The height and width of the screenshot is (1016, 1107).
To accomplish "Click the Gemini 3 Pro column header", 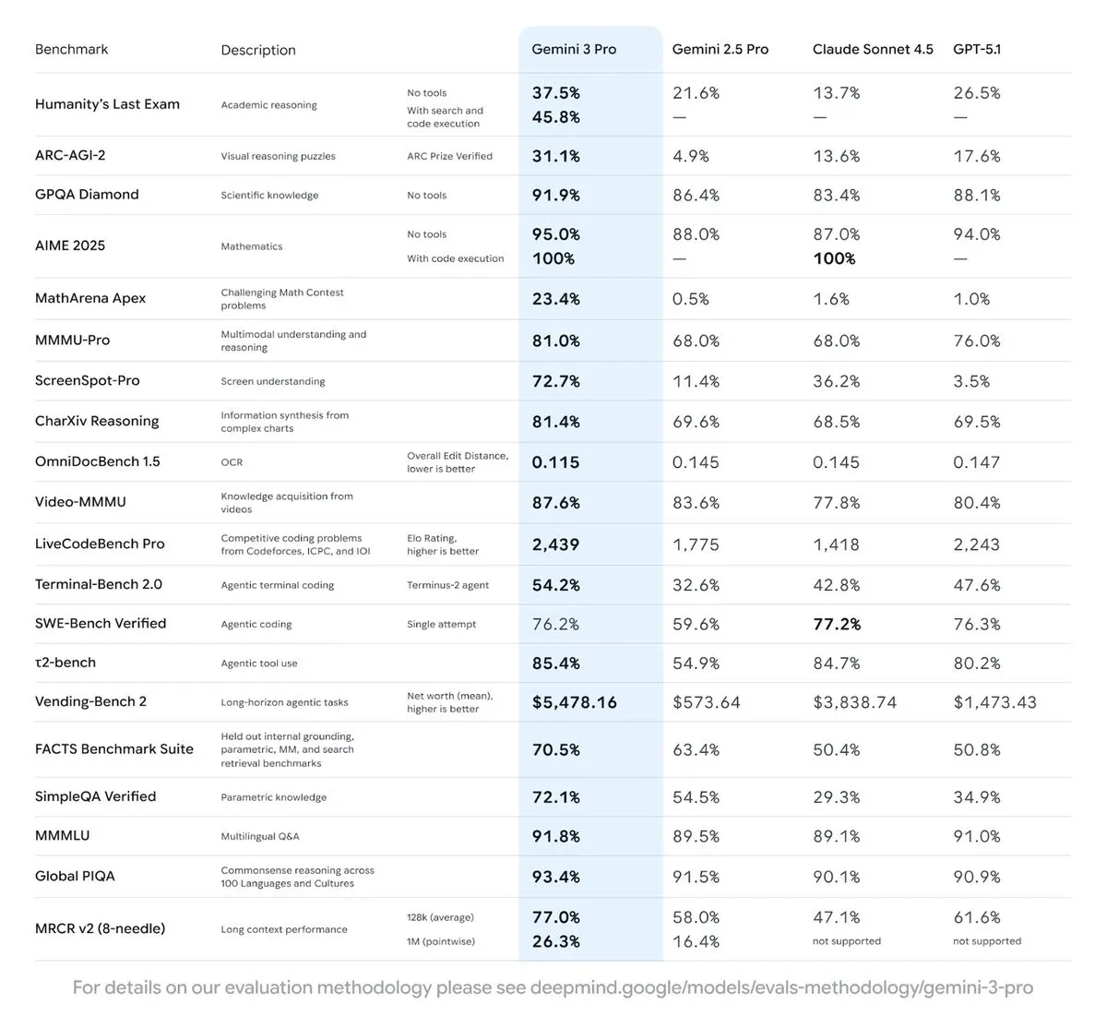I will click(x=574, y=49).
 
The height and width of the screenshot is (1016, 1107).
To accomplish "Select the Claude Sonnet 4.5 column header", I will click(x=873, y=49).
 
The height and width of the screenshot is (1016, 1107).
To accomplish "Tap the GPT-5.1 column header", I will click(x=977, y=49).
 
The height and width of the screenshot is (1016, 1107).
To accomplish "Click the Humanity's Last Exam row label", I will click(x=107, y=104).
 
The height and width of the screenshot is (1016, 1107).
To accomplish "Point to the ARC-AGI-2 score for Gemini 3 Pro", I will click(x=556, y=156).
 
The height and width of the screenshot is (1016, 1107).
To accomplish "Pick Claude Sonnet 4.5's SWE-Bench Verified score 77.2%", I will click(x=837, y=624).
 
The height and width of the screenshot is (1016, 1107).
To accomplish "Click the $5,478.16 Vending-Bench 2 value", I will click(x=575, y=702).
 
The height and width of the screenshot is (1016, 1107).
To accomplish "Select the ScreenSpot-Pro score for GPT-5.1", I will click(x=971, y=381).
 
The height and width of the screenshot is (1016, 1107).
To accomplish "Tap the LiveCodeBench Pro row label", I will click(x=100, y=544).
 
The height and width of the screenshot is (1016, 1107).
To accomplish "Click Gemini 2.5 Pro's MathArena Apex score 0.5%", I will click(x=691, y=299).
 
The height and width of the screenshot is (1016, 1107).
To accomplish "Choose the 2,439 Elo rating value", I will click(x=555, y=544).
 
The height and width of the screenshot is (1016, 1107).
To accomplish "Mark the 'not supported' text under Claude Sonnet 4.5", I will click(x=847, y=941).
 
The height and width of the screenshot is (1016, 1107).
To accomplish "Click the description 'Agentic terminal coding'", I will click(x=278, y=585).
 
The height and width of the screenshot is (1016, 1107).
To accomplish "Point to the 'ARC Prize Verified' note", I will click(x=449, y=156).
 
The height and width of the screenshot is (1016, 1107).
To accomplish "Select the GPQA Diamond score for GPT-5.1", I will click(x=977, y=195).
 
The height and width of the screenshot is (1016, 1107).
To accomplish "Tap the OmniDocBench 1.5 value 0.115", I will click(x=555, y=462).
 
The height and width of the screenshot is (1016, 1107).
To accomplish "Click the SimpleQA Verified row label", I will click(x=95, y=796).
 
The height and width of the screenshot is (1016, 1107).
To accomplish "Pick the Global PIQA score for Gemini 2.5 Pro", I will click(x=696, y=877).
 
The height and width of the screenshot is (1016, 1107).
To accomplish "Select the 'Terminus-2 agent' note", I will click(x=447, y=585).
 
